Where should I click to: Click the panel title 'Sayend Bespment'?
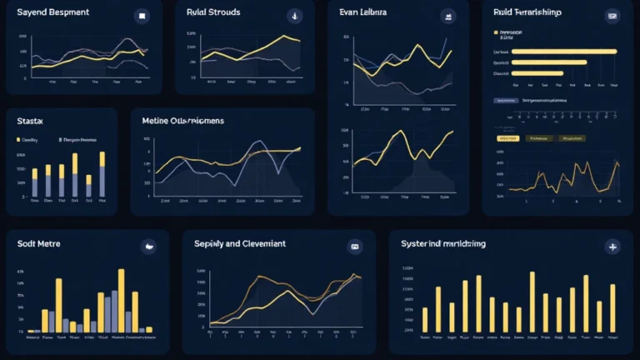pos(52,14)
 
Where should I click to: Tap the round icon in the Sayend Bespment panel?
pos(142,16)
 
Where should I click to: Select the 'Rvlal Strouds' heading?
pos(213,13)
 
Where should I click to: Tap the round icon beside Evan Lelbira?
pos(451,16)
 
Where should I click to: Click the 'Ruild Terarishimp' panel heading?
pos(527,12)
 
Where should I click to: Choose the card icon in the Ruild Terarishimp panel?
pos(612,16)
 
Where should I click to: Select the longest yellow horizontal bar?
pos(563,51)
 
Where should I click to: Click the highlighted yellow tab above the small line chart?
pos(507,138)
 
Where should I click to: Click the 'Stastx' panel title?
pos(30,121)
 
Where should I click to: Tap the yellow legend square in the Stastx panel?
pos(18,141)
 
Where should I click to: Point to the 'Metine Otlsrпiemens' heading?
pos(182,121)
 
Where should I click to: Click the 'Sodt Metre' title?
pos(38,243)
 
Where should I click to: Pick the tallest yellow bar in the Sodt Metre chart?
pos(122,300)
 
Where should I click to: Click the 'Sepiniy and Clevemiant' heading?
pos(240,243)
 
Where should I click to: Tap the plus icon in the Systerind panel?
pos(612,247)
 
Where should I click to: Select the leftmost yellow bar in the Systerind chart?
pos(425,319)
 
